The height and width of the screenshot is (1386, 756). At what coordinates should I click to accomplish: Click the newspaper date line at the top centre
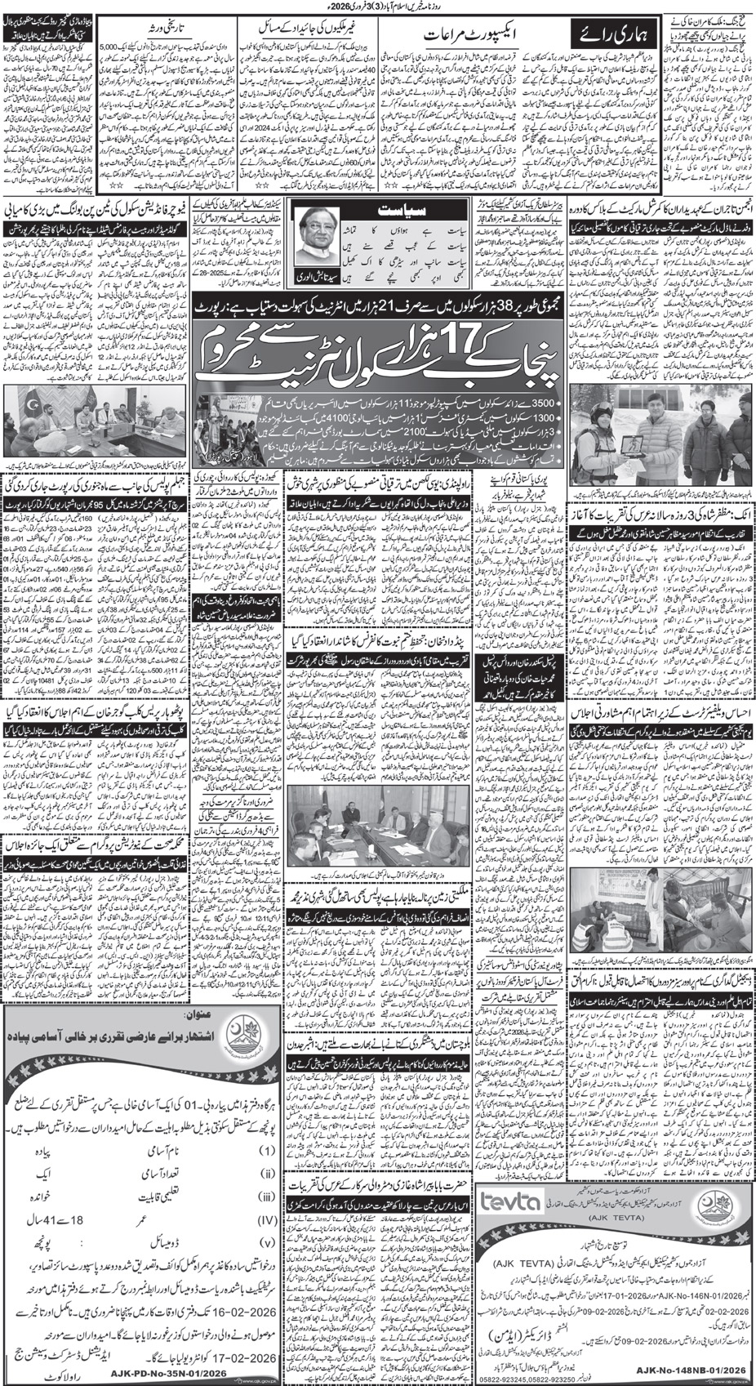pos(378,6)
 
